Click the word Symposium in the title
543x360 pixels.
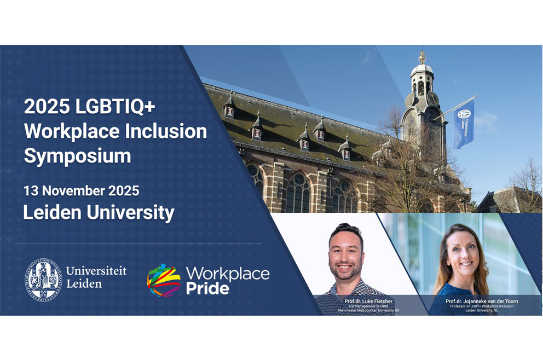pos(77,156)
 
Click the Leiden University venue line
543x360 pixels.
pos(99,212)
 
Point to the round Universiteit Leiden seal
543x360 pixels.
pos(43,279)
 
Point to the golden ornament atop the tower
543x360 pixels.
pos(421,56)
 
